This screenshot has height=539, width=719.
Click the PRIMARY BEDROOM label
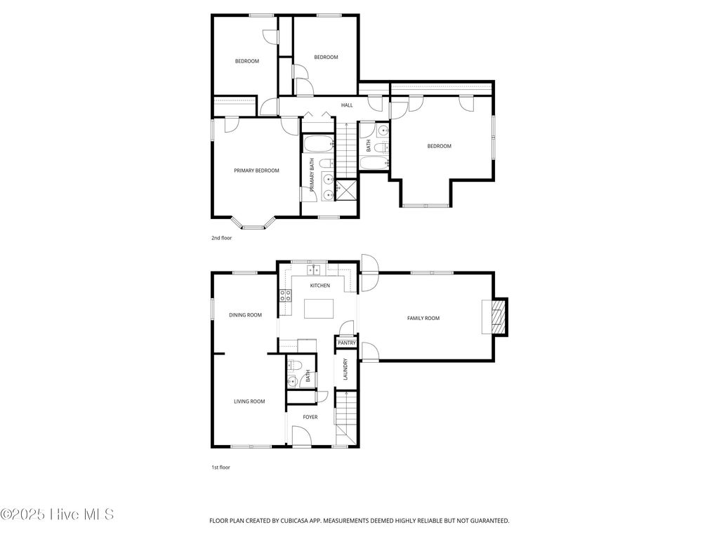[x=256, y=171]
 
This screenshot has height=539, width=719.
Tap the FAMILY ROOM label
[x=423, y=318]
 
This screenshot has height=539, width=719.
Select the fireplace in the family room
[x=497, y=317]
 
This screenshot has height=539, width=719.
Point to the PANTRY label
[x=347, y=342]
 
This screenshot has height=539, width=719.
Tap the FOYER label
[x=310, y=417]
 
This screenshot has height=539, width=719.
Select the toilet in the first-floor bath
[x=296, y=365]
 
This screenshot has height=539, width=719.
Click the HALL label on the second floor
[x=347, y=105]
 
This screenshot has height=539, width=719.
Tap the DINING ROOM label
[x=245, y=315]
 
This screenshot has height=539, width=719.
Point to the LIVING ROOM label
[x=249, y=401]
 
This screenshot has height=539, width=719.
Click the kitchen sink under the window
[x=313, y=269]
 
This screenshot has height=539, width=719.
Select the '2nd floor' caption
[x=221, y=238]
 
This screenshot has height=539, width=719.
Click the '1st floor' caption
[x=220, y=467]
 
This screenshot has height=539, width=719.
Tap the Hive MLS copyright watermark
[x=58, y=514]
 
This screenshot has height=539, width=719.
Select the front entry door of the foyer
[x=303, y=443]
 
